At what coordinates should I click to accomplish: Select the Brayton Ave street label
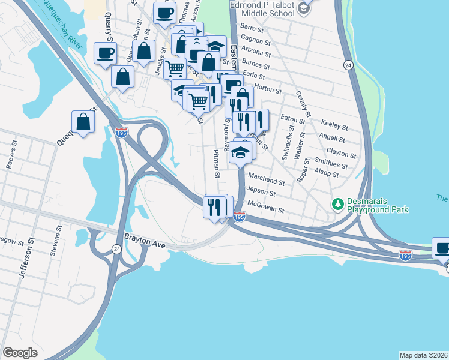pos(144,238)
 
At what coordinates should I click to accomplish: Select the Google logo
pos(20,353)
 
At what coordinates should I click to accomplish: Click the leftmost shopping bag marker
pos(83,122)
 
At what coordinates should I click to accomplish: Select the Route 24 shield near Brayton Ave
pos(115,250)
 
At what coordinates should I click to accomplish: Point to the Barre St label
pos(252,28)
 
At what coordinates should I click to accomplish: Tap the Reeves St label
pos(10,162)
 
